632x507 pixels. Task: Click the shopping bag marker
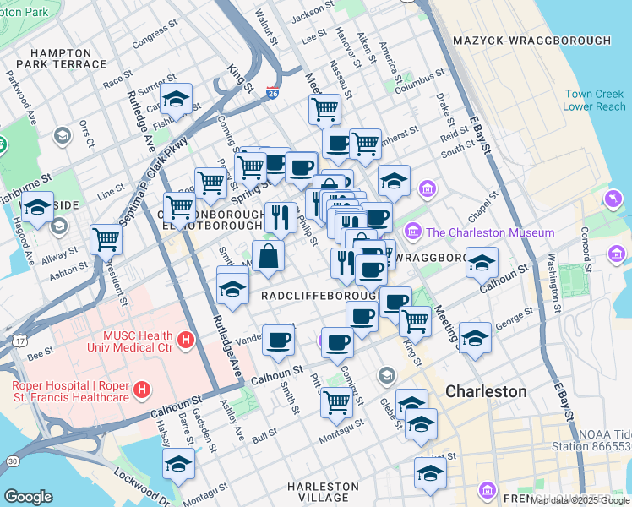pyautogui.click(x=268, y=257)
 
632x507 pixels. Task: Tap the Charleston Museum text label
pyautogui.click(x=490, y=232)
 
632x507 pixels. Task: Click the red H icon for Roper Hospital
pyautogui.click(x=143, y=390)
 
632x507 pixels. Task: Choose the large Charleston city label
pyautogui.click(x=486, y=392)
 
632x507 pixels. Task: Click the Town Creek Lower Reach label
pyautogui.click(x=595, y=100)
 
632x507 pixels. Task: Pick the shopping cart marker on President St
pyautogui.click(x=106, y=239)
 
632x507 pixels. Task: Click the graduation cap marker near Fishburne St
pyautogui.click(x=38, y=207)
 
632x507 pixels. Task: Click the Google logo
pyautogui.click(x=28, y=496)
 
